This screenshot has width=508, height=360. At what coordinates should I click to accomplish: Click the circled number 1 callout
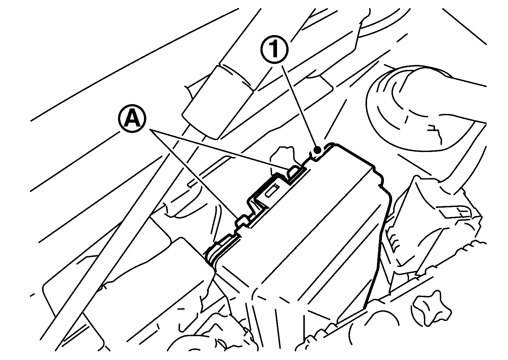pyautogui.click(x=275, y=49)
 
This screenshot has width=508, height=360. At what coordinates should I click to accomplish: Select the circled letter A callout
pyautogui.click(x=132, y=119)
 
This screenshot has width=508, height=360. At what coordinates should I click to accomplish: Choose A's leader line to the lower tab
pyautogui.click(x=194, y=174)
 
